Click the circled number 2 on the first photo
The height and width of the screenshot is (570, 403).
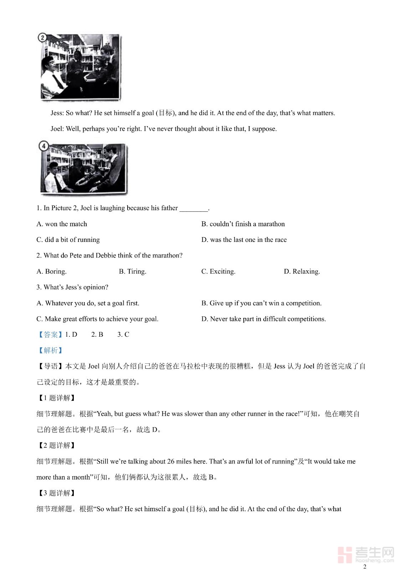tap(42, 37)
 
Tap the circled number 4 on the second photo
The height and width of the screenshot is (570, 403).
tap(43, 146)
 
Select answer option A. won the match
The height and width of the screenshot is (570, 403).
tap(62, 224)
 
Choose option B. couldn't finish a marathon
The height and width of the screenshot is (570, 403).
tap(243, 224)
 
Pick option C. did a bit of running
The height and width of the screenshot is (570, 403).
tap(68, 240)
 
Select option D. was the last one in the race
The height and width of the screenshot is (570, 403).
tap(244, 240)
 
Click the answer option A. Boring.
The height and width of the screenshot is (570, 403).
tap(51, 271)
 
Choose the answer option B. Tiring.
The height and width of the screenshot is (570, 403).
tap(133, 271)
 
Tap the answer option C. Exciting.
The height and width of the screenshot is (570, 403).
tap(218, 271)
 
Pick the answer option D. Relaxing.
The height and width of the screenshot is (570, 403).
tap(302, 271)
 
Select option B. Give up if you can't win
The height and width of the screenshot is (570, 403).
tap(261, 303)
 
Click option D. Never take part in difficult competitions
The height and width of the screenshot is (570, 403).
tap(263, 319)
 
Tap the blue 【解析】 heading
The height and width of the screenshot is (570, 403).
tap(50, 351)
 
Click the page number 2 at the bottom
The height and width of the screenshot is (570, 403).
tap(365, 566)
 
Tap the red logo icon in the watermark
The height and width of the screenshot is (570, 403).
tap(345, 554)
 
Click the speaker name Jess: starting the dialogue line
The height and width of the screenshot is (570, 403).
tap(57, 113)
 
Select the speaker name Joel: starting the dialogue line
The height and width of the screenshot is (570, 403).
tap(57, 129)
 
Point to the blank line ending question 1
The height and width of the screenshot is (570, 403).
tap(194, 209)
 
